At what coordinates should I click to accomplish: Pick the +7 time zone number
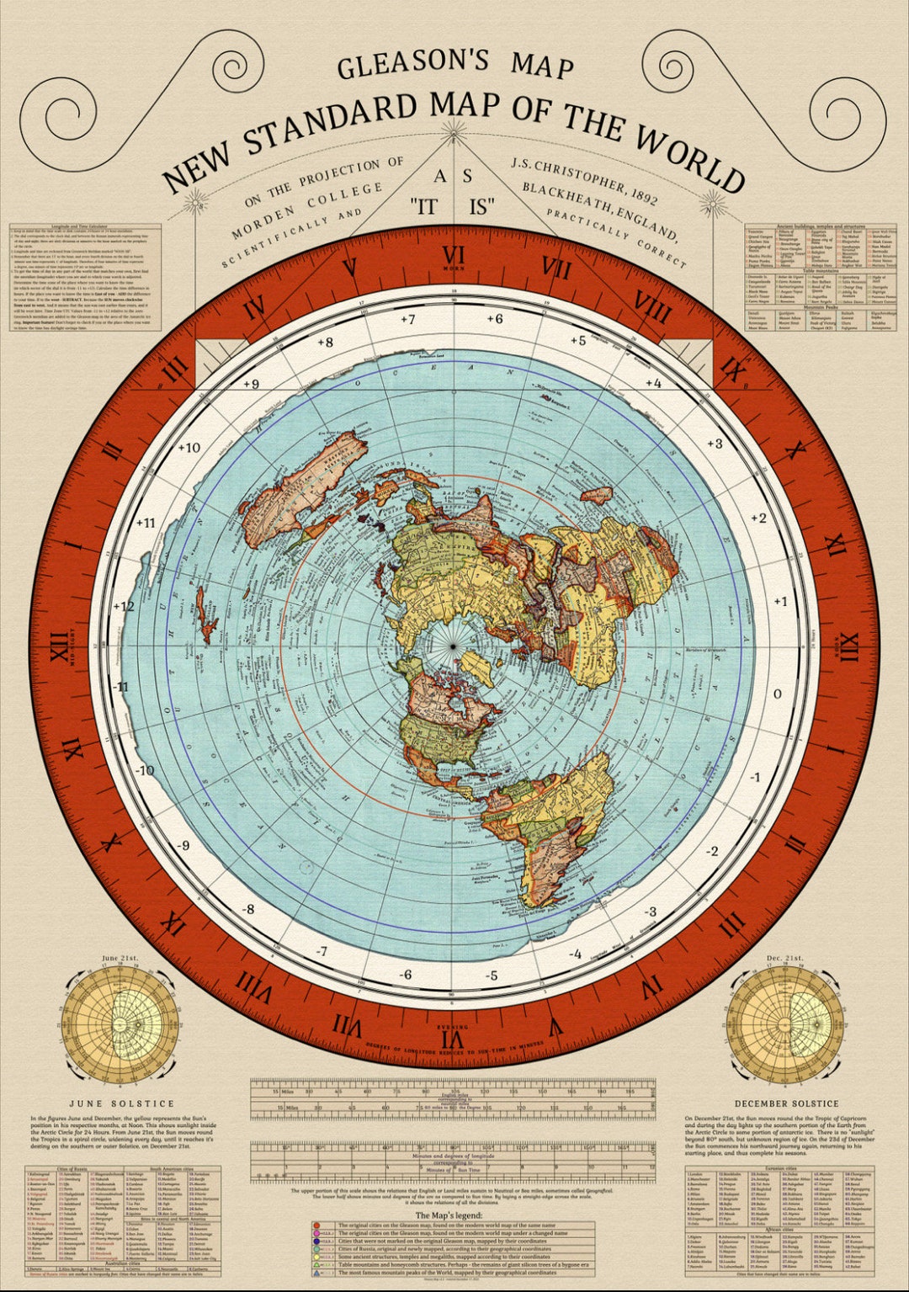tap(407, 320)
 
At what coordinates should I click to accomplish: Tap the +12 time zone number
tap(124, 606)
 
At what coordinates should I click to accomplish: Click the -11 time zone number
tap(121, 687)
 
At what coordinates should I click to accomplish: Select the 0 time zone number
tap(778, 694)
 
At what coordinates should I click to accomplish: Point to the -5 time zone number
tap(492, 976)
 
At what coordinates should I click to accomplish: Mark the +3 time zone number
tap(715, 444)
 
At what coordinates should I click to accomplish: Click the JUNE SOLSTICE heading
tap(121, 1103)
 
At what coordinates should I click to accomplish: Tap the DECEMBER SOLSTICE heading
tap(786, 1103)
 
